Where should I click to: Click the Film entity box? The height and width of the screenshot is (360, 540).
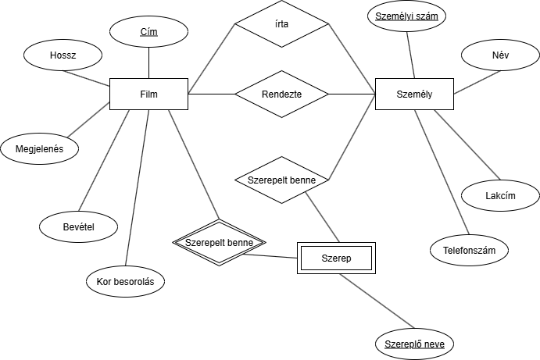coord(148,94)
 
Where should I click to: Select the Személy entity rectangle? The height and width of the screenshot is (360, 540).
coord(414,94)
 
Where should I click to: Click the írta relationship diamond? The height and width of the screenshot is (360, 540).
coord(281,24)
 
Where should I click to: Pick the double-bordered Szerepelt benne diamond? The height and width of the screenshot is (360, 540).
coord(220,242)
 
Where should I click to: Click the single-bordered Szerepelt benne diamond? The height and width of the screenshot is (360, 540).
coord(281,180)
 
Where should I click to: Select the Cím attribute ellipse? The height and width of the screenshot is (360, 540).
coord(148,32)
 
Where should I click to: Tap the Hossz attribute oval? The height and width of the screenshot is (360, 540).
coord(63,55)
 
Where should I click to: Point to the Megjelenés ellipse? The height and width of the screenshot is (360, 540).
coord(39,148)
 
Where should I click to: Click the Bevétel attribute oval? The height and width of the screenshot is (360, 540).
coord(78,226)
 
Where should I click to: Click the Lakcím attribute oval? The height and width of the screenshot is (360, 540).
coord(500,195)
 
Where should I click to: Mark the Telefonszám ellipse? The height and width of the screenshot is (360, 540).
coord(469,250)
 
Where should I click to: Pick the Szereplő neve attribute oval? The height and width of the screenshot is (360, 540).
coord(414,344)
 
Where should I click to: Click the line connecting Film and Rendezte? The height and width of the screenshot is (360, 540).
coord(211,94)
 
